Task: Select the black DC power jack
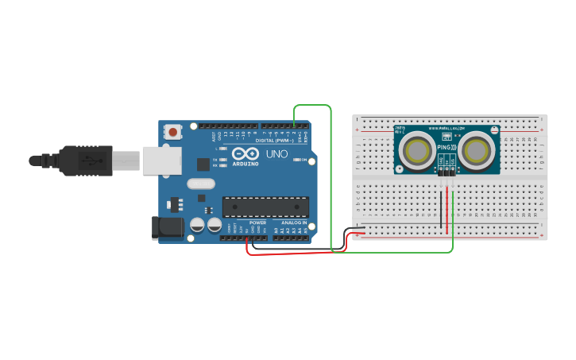[168, 229]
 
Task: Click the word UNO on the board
[276, 153]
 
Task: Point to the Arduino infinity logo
[246, 153]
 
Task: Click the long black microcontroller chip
[265, 207]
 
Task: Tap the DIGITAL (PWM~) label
[270, 141]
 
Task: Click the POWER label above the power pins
[258, 223]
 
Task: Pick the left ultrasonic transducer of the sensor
[417, 149]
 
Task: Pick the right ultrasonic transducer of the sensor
[476, 149]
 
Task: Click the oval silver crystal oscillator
[202, 184]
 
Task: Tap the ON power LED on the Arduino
[295, 160]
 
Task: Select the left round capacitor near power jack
[197, 226]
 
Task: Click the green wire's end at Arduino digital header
[295, 126]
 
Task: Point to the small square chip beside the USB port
[203, 165]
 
